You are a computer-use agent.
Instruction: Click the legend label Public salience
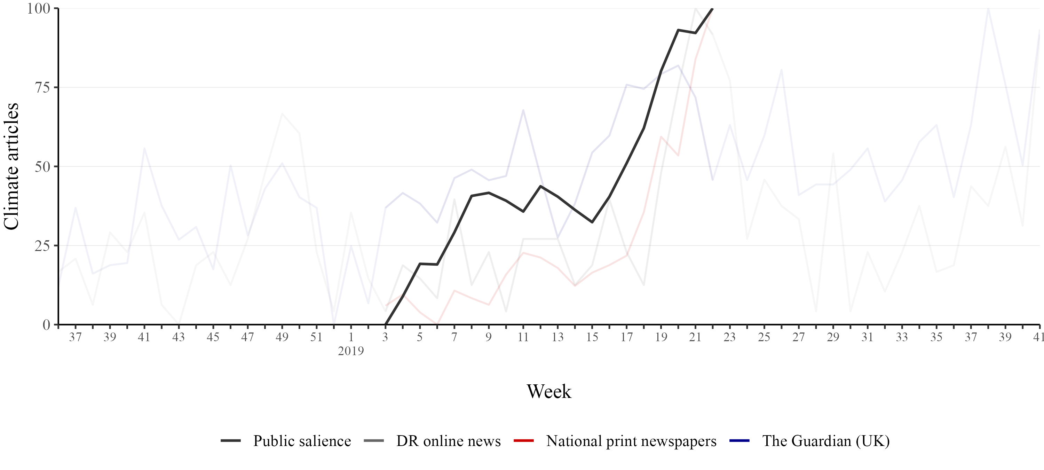tap(302, 441)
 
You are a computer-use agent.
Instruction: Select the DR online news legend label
tap(448, 441)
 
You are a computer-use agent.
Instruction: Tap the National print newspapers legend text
tap(631, 441)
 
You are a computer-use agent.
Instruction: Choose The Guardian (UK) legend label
tap(826, 441)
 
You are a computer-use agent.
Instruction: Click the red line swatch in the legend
tap(524, 441)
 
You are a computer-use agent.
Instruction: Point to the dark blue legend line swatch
tap(739, 441)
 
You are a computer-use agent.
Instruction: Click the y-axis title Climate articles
tap(11, 166)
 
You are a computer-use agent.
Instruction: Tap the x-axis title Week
tap(549, 392)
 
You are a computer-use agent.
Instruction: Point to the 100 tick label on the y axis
tap(39, 8)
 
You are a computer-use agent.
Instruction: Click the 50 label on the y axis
tap(42, 167)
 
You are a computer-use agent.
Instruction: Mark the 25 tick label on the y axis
tap(42, 246)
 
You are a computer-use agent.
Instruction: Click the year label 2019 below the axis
tap(351, 351)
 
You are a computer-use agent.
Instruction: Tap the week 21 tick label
tap(695, 337)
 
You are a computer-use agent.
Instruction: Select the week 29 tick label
tap(833, 337)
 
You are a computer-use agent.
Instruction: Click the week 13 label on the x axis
tap(557, 337)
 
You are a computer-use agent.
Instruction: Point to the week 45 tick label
tap(213, 337)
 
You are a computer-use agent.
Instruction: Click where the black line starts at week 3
tap(386, 324)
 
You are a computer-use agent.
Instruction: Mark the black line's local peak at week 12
tap(541, 186)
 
